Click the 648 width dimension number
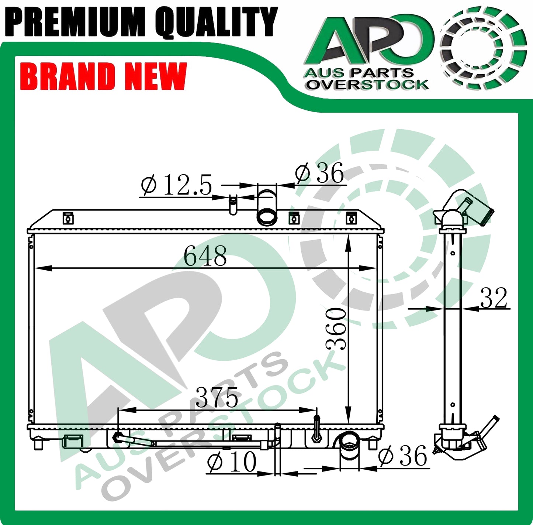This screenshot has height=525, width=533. [x=205, y=256]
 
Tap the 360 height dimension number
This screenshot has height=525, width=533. [x=336, y=329]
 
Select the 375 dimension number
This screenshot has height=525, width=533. [x=217, y=397]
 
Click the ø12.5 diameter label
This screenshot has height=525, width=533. [x=176, y=185]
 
